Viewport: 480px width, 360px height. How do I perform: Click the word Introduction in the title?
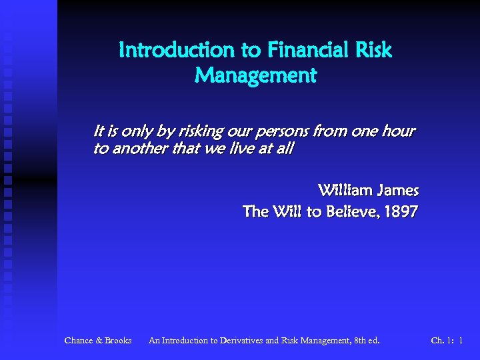(x=176, y=50)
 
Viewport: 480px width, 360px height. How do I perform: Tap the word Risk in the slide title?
(x=373, y=50)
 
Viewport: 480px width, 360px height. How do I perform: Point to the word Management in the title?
(x=255, y=76)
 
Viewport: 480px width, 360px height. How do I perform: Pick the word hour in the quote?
(x=399, y=131)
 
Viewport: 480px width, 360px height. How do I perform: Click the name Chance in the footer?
(x=79, y=341)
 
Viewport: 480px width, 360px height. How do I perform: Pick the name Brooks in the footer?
(x=118, y=341)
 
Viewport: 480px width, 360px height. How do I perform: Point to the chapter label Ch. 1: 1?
(x=447, y=341)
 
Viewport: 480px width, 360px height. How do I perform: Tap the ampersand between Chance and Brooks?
(x=99, y=341)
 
